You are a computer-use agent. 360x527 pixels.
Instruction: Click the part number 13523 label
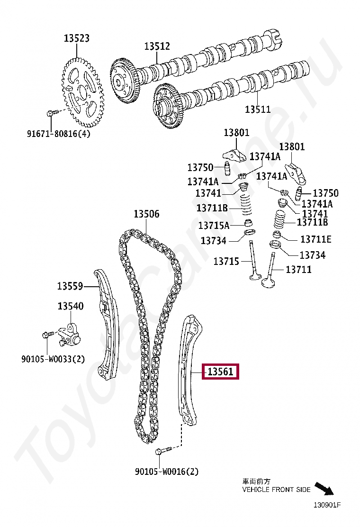[x=77, y=38]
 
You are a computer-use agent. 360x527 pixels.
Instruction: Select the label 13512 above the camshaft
[x=157, y=46]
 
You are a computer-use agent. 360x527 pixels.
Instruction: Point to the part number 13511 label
[x=258, y=109]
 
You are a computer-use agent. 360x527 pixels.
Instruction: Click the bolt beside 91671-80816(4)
[x=52, y=113]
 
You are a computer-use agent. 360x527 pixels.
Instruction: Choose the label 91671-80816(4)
[x=58, y=134]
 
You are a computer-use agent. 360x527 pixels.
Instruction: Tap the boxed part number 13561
[x=221, y=372]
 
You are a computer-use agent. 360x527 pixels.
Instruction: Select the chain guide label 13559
[x=70, y=286]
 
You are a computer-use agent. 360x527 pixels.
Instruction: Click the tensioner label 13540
[x=71, y=306]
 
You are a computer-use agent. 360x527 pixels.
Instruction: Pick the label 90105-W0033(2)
[x=53, y=359]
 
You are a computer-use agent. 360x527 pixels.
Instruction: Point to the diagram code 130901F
[x=327, y=505]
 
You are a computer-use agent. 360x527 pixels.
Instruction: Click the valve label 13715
[x=226, y=261]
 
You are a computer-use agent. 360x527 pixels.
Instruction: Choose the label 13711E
[x=316, y=239]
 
